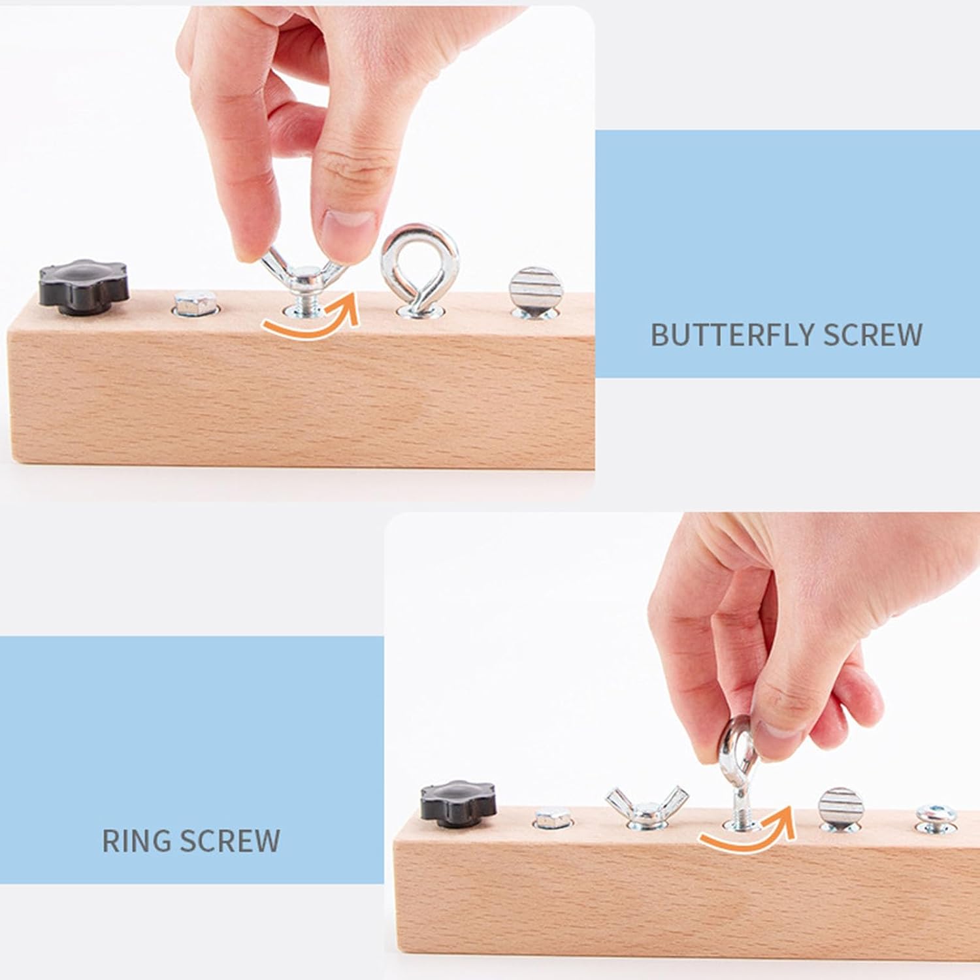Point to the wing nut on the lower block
pyautogui.click(x=645, y=806)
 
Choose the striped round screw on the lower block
pyautogui.click(x=841, y=809)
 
